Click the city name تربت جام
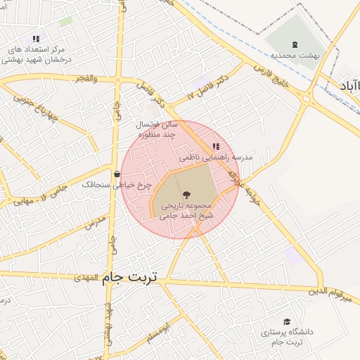point(131,278)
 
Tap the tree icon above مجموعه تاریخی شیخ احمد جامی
point(186,195)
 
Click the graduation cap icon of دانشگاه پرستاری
point(286,321)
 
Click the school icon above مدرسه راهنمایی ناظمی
point(215,146)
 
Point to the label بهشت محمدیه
point(295,55)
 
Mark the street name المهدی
point(87,278)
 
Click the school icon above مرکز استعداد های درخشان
point(36,39)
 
